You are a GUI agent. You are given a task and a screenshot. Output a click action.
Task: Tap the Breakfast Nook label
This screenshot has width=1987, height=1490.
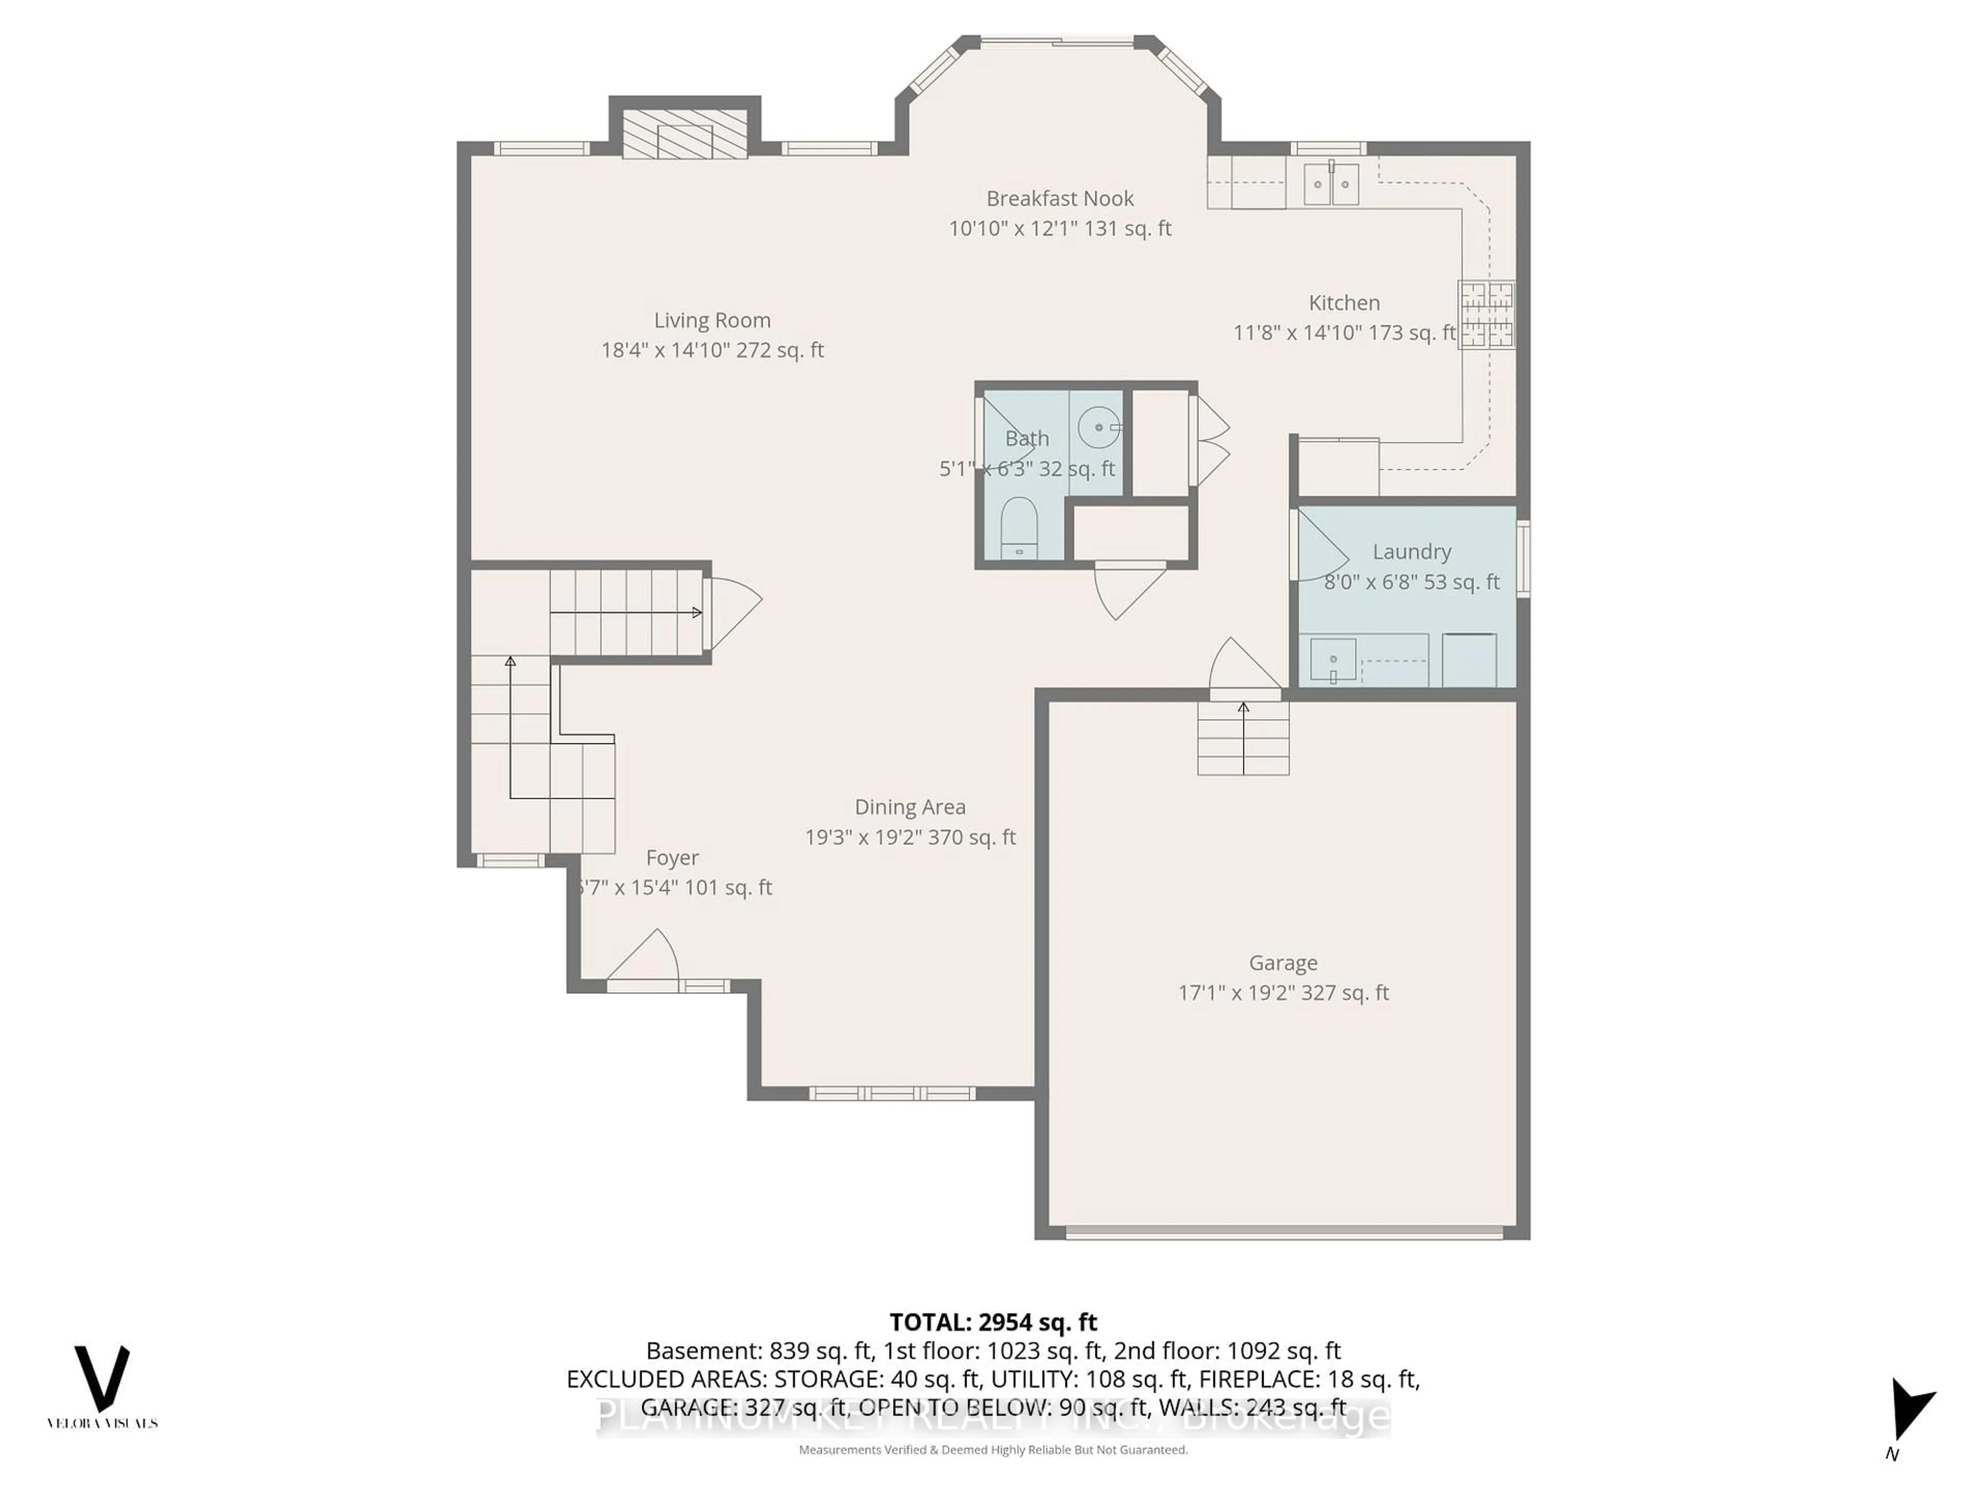(x=1059, y=199)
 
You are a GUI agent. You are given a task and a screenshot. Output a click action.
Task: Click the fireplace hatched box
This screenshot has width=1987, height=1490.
(x=685, y=135)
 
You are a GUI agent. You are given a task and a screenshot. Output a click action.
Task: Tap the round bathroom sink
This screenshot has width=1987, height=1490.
(x=1100, y=427)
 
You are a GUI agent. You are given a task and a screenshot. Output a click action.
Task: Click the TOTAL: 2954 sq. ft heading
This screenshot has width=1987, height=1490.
(x=992, y=1322)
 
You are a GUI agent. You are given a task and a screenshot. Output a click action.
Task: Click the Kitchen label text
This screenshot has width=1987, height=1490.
(x=1344, y=303)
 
